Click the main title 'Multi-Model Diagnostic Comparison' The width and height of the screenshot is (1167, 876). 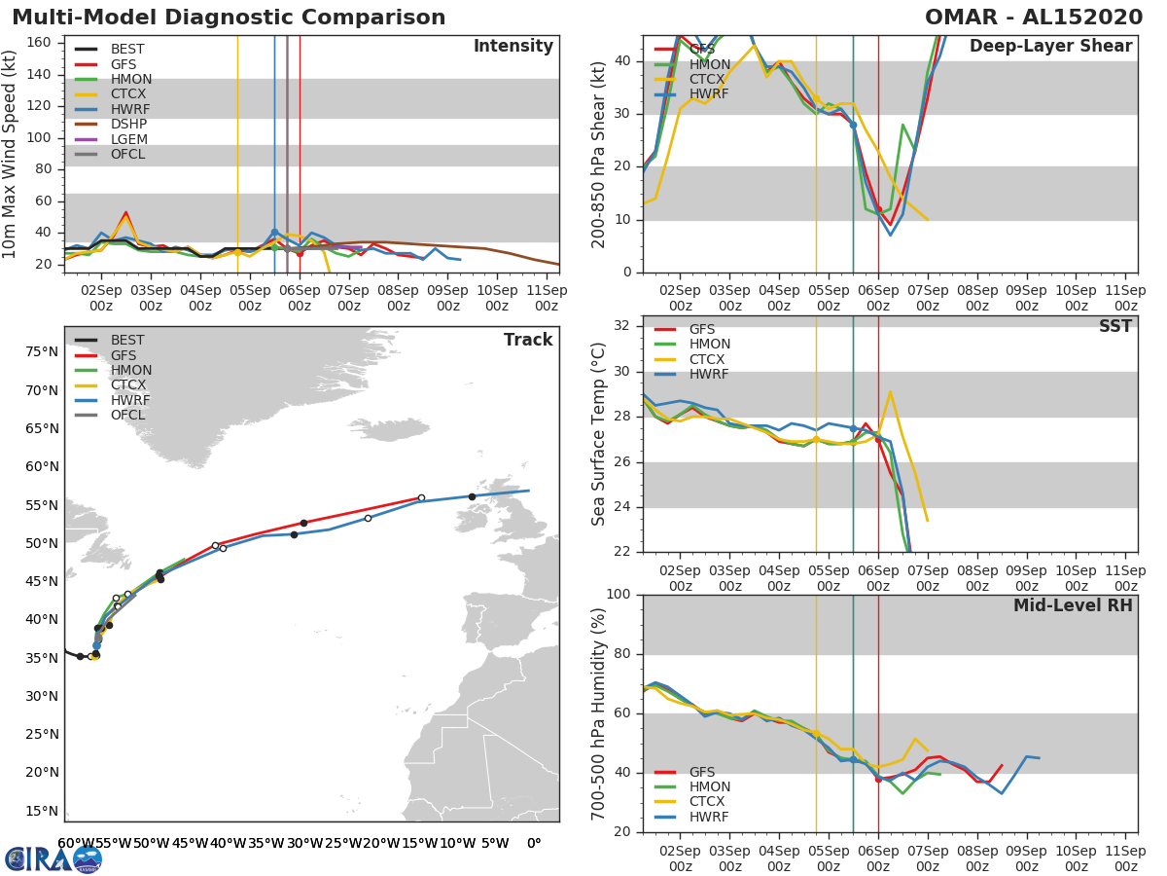click(229, 18)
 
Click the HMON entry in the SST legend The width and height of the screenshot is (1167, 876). click(710, 345)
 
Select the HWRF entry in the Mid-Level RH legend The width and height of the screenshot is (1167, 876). click(710, 817)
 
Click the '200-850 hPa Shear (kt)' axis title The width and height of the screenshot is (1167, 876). click(599, 154)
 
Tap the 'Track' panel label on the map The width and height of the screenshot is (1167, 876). click(528, 340)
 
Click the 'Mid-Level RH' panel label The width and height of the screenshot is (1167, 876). click(1073, 605)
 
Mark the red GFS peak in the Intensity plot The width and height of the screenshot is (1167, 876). click(125, 212)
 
